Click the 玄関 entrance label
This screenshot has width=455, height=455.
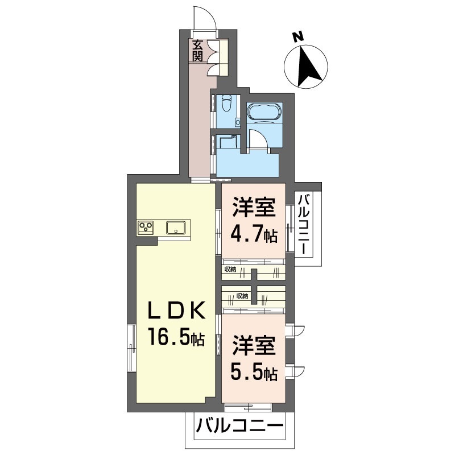(x=197, y=50)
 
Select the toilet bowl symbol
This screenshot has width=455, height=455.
(x=226, y=105)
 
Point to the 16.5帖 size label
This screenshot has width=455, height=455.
(x=176, y=338)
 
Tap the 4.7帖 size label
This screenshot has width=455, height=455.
(x=254, y=235)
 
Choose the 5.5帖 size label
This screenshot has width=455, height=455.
(x=254, y=373)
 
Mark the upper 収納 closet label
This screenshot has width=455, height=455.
(x=230, y=269)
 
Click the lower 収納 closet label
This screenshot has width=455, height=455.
(x=242, y=296)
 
